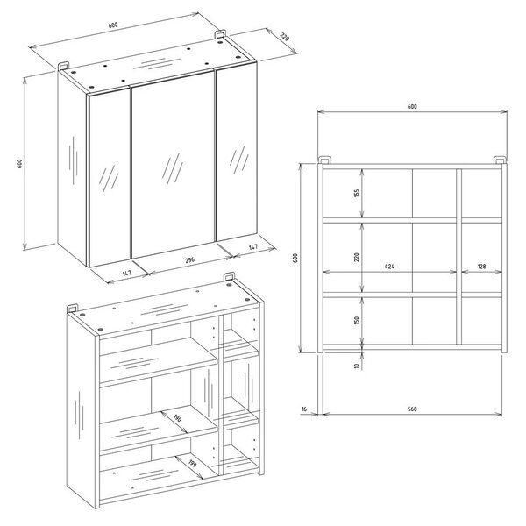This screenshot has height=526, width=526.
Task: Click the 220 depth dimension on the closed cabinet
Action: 284,37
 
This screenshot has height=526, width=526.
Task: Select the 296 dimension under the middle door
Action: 190,259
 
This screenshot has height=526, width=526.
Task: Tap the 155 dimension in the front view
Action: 357,193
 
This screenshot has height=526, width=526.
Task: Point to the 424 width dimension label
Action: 389,267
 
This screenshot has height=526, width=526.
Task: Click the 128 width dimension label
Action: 481,267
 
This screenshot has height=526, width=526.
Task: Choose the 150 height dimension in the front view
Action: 357,320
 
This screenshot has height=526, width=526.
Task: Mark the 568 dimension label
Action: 412,409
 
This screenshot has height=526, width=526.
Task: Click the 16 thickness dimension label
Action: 304,409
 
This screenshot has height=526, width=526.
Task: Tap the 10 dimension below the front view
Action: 357,366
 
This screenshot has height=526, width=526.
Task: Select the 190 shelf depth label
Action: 177,418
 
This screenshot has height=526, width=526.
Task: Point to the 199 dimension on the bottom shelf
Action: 192,463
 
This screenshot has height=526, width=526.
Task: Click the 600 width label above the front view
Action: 412,106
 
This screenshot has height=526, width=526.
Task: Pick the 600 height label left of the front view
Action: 295,258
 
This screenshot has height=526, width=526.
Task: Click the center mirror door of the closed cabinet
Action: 173,165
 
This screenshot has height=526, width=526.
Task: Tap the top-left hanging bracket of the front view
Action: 324,160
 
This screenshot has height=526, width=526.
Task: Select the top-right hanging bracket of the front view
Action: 500,160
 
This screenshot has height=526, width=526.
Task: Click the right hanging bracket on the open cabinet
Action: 229,277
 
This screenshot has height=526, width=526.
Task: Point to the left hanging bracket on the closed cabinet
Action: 63,66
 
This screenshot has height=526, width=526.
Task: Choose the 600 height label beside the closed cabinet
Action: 19,163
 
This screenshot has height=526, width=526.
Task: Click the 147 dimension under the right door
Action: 253,247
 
